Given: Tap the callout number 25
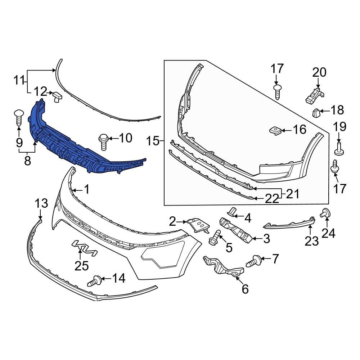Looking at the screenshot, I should (x=81, y=266).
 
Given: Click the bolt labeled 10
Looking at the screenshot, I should (x=103, y=141).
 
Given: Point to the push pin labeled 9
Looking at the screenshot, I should (x=19, y=117).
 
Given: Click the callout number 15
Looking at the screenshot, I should (x=153, y=141).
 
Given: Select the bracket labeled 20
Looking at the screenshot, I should (x=314, y=94).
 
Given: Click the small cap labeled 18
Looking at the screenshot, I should (x=316, y=113).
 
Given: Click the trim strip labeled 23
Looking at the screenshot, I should (x=288, y=224).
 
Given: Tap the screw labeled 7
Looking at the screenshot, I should (x=253, y=261).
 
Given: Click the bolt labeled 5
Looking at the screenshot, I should (x=215, y=237).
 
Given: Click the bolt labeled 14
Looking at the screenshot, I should (x=94, y=280).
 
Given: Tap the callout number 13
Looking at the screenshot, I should (x=41, y=203).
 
